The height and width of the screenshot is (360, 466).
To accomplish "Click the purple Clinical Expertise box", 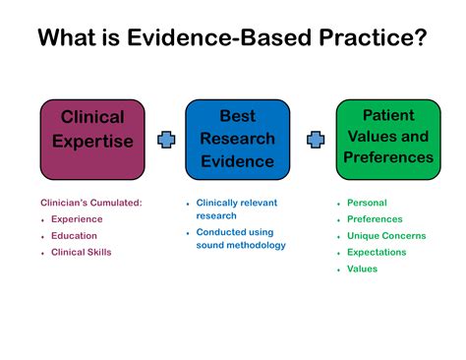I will point(92,140).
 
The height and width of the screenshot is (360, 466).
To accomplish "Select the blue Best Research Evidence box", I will point(237,140).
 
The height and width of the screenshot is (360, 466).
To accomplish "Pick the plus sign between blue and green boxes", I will point(315,141).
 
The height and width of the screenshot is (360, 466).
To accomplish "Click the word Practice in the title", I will point(368,38).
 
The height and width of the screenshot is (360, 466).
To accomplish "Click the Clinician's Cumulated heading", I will point(90,203).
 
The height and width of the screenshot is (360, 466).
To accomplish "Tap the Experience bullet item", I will point(76,219).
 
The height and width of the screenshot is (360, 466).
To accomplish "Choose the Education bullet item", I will point(74,236).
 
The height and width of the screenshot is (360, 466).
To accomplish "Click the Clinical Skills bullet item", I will point(81,252).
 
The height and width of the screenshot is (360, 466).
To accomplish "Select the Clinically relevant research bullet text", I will point(236,209).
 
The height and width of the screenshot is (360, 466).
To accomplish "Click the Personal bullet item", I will point(367,203).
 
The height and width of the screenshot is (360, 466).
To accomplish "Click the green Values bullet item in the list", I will point(362,269).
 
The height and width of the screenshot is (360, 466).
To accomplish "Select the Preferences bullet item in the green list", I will point(374,219).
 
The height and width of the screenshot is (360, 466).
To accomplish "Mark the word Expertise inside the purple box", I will point(92,142).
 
